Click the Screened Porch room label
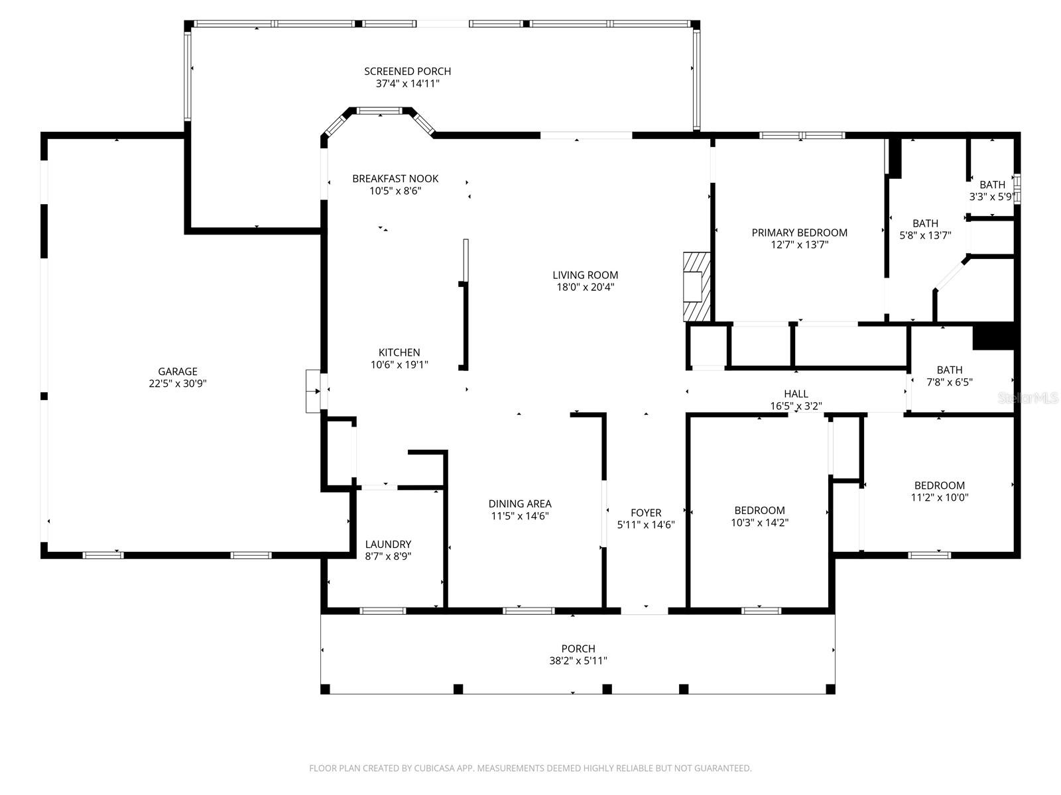(407, 72)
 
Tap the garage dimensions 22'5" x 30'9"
(178, 384)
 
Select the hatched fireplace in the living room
(697, 286)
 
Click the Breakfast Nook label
(395, 179)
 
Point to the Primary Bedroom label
(799, 233)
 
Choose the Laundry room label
(388, 545)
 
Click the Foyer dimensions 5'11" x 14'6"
(646, 525)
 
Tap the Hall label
(796, 394)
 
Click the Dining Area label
(520, 504)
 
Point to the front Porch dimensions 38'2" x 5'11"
(578, 661)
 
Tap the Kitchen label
(399, 352)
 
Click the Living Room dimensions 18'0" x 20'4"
(585, 287)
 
